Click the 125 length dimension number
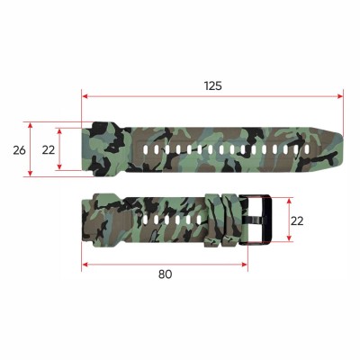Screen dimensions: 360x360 212,85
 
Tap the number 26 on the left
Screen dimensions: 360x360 19,149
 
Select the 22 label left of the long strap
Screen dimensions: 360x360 48,149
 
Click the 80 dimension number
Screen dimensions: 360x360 165,274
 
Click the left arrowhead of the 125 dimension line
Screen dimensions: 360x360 85,95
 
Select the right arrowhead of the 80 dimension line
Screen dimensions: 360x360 245,264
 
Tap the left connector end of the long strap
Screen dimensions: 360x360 95,148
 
